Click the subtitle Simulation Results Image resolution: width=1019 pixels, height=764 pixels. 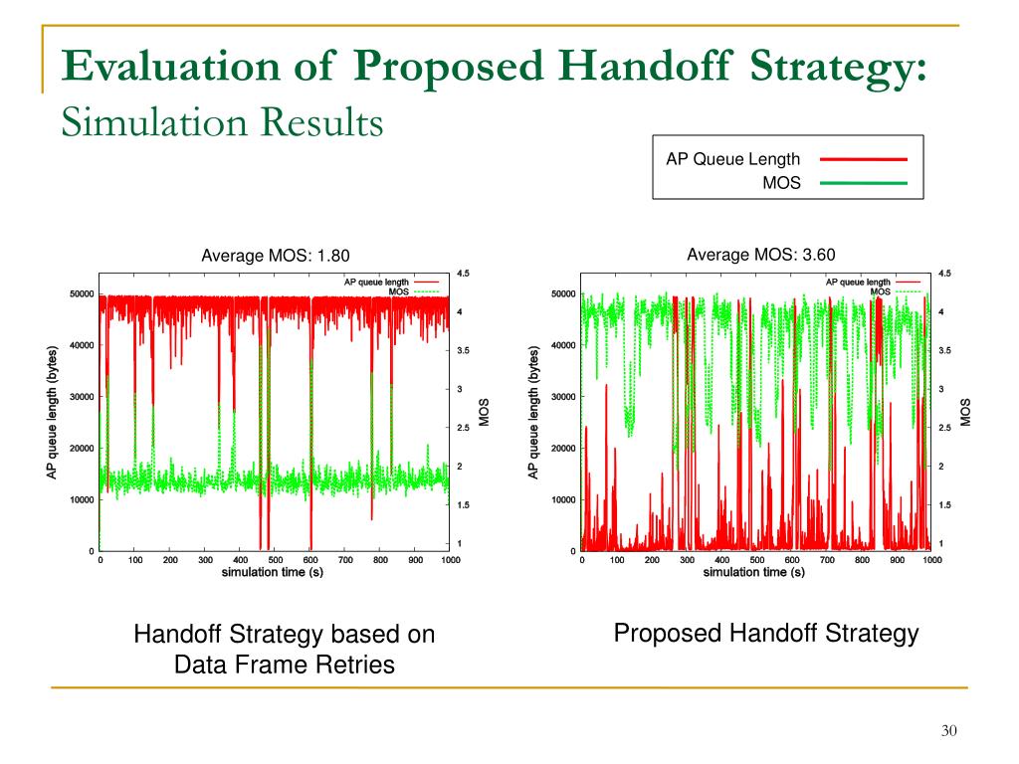[222, 123]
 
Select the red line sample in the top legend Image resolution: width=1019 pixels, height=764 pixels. [864, 159]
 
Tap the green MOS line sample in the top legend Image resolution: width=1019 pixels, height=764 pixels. [864, 184]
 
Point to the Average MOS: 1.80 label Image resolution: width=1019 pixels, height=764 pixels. [276, 256]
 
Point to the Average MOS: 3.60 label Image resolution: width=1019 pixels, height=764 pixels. [760, 255]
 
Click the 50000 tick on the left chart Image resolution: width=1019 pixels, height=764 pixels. [81, 293]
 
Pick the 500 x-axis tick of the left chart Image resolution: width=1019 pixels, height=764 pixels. [275, 561]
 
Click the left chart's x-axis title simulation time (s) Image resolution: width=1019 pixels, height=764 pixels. [273, 572]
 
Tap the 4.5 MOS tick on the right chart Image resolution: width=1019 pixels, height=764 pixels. [944, 274]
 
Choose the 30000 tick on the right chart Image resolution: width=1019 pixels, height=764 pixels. [562, 396]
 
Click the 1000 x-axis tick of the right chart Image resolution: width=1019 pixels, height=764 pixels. [931, 561]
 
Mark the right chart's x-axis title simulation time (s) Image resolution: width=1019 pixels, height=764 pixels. [754, 572]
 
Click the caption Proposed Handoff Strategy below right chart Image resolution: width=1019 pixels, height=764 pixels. [765, 634]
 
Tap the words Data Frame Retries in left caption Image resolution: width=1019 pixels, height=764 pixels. [285, 665]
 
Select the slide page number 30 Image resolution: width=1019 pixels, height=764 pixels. [948, 732]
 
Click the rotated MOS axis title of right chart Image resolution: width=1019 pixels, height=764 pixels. [964, 411]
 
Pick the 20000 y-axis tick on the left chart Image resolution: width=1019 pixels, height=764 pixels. [81, 448]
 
